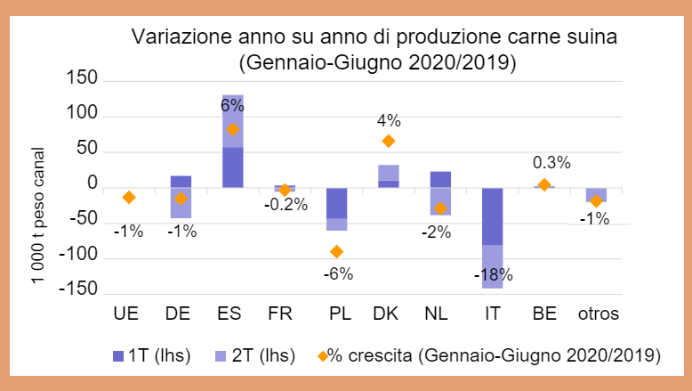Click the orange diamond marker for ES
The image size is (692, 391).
233,129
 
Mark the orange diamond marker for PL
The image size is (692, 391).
336,252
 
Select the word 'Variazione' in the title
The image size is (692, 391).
173,38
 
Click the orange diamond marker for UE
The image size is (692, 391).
129,198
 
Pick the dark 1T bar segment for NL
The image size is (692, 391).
439,179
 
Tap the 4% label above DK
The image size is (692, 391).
389,120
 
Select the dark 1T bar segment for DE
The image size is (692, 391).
181,182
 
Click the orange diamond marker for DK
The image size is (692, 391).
388,141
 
